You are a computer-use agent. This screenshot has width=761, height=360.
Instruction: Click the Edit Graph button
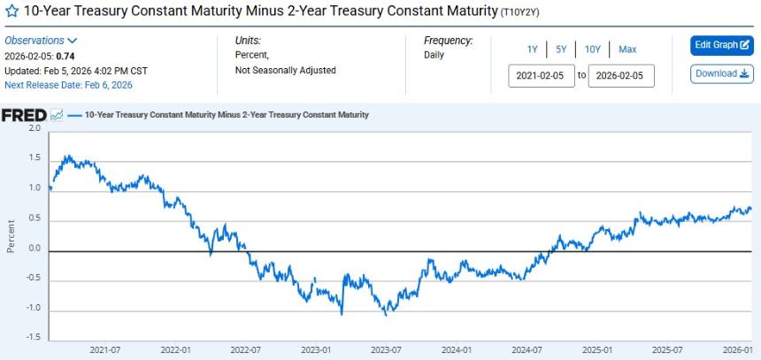coord(721,45)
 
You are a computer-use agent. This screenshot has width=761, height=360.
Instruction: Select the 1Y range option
coord(532,50)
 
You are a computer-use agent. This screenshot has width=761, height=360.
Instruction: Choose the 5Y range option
coord(561,50)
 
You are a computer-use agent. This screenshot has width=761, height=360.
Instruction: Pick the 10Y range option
coord(593,50)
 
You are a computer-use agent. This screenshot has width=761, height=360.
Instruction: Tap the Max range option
coord(627,50)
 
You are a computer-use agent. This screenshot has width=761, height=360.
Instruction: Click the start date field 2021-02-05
coord(542,76)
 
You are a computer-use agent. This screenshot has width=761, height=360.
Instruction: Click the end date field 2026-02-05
coord(621,76)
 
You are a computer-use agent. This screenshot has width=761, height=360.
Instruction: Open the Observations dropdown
coord(41,41)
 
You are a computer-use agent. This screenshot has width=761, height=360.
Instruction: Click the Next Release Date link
coord(68,85)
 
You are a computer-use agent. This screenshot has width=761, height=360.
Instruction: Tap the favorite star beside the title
coord(12,11)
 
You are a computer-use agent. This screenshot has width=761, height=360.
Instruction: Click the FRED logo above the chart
coord(24,115)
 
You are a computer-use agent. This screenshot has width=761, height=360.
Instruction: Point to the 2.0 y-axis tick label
coord(35,129)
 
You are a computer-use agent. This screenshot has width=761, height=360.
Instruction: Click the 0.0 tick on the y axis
coord(35,249)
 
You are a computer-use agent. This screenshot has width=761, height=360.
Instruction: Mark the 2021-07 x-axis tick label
coord(105,350)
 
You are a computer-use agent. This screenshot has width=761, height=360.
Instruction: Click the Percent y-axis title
coord(11,235)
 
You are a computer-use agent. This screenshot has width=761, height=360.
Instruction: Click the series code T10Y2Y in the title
coord(521,12)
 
